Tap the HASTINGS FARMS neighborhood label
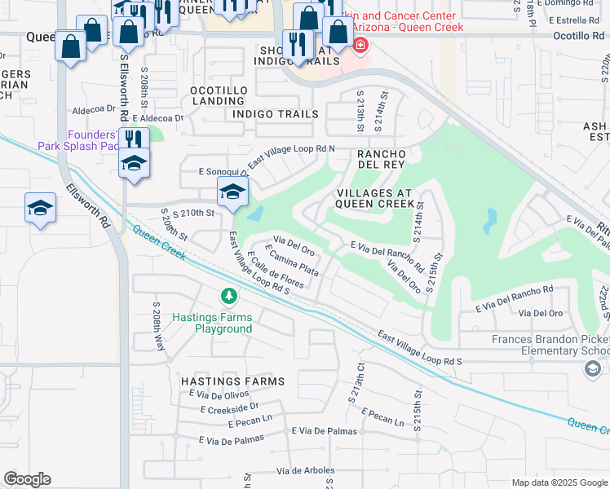(x=232, y=381)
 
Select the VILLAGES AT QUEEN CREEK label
(x=375, y=198)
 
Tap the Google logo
(x=27, y=479)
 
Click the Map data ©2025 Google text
(x=558, y=482)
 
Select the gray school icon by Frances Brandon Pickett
(x=592, y=369)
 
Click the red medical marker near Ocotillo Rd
(x=360, y=44)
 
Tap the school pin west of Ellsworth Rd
(x=40, y=208)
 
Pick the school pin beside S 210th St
(x=232, y=193)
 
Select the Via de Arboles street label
(x=306, y=471)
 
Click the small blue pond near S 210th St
(x=255, y=214)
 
